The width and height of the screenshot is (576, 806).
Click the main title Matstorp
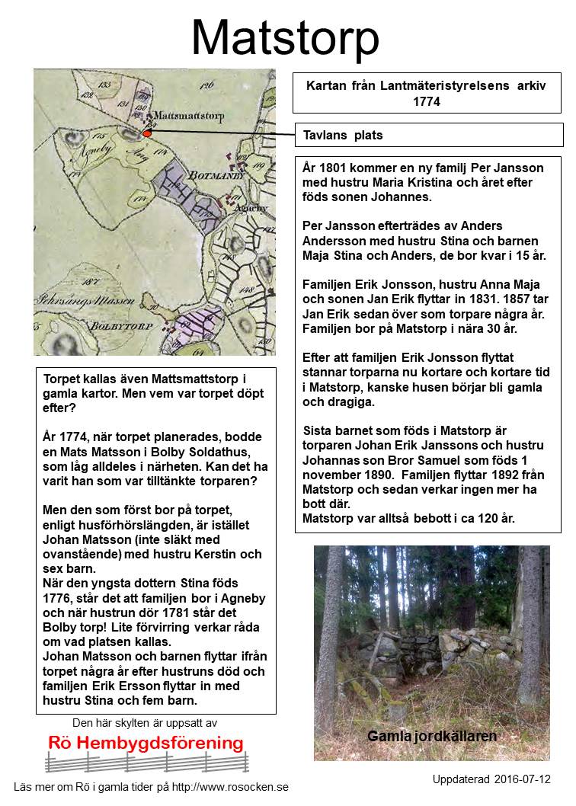285,38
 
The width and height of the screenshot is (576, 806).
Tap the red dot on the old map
147,133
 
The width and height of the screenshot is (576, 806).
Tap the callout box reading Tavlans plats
342,136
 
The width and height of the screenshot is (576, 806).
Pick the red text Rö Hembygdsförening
146,744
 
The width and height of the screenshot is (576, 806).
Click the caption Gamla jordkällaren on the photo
431,737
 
